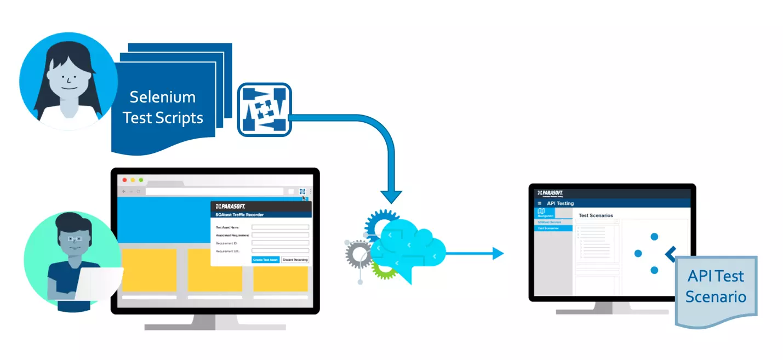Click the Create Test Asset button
266,259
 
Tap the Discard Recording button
295,259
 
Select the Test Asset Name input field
280,227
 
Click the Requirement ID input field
280,243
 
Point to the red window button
124,180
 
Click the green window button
141,180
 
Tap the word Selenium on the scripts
162,98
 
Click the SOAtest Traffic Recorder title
239,215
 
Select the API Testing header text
560,203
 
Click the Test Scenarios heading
596,215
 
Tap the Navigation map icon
541,211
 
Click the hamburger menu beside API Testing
539,203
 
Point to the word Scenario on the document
716,297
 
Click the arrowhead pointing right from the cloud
498,253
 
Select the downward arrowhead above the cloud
391,197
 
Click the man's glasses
75,238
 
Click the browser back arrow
124,191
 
